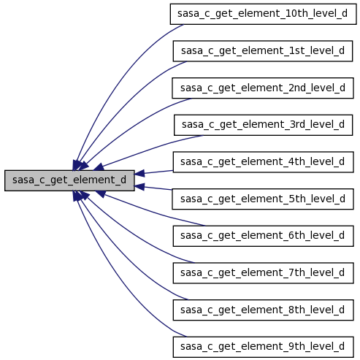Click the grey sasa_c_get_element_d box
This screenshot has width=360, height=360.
[x=69, y=180]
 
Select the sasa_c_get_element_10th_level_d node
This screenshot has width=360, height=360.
[x=263, y=14]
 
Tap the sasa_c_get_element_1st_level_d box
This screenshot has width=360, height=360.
[x=263, y=51]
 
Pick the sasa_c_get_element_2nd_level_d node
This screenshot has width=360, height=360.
[x=263, y=88]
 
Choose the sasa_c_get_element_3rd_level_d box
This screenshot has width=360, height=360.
[x=263, y=125]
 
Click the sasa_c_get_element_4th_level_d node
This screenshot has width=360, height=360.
[x=263, y=162]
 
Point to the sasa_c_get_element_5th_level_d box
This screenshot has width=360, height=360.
[x=263, y=199]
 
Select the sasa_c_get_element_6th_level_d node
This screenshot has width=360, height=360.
[x=263, y=236]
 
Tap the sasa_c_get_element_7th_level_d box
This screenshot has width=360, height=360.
[x=263, y=273]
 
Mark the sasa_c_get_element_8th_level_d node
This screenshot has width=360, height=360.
[x=263, y=310]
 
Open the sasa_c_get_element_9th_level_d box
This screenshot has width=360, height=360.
[x=263, y=347]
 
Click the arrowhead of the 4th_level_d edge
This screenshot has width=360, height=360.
[x=139, y=173]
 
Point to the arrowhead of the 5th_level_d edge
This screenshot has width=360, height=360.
[x=139, y=187]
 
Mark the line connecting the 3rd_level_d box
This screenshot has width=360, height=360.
[x=151, y=149]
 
